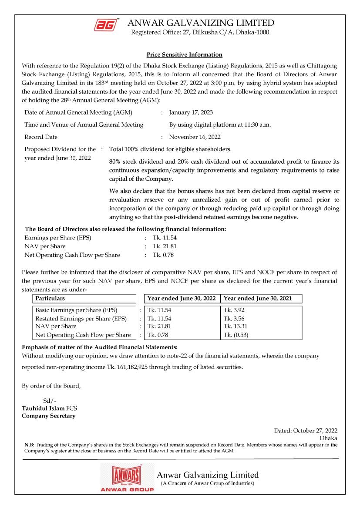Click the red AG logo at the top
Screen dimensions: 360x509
(x=106, y=25)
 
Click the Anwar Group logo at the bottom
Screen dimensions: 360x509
(x=127, y=478)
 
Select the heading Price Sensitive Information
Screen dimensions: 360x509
(x=184, y=54)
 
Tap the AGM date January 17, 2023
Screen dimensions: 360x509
(x=191, y=112)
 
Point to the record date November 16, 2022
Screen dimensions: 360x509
(x=195, y=137)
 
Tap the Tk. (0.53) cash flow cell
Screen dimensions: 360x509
(x=236, y=335)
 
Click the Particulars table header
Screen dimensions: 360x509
(x=50, y=299)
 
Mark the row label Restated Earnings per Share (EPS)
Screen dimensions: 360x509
(x=81, y=319)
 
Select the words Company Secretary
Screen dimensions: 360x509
(x=48, y=416)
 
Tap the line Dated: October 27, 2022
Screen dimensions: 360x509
(x=306, y=431)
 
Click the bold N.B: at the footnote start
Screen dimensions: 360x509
(x=29, y=445)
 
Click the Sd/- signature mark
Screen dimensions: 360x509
(x=50, y=401)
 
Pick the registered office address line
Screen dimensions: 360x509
(x=201, y=33)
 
